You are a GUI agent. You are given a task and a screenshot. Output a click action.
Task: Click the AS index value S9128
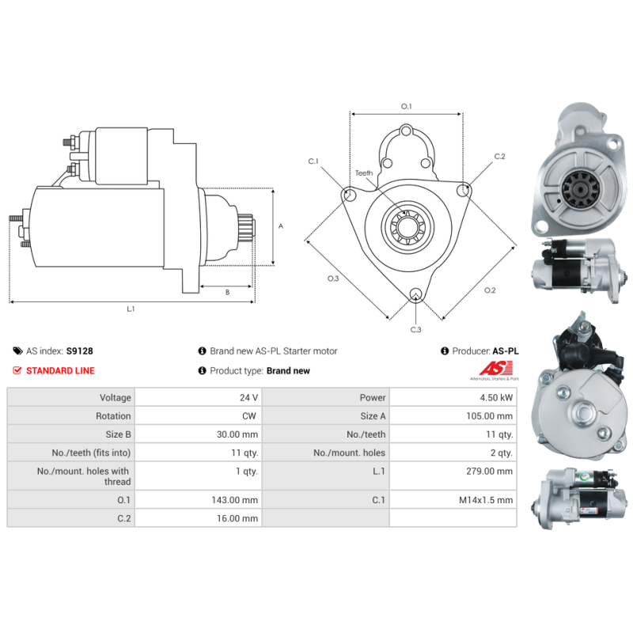[x=80, y=351]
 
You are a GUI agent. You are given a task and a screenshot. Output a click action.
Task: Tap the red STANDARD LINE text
[x=60, y=370]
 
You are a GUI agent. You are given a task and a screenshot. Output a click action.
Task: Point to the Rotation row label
[x=113, y=416]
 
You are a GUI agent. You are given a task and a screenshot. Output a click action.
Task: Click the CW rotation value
[x=249, y=416]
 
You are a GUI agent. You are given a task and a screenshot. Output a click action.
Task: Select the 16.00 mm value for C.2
[x=237, y=518]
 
